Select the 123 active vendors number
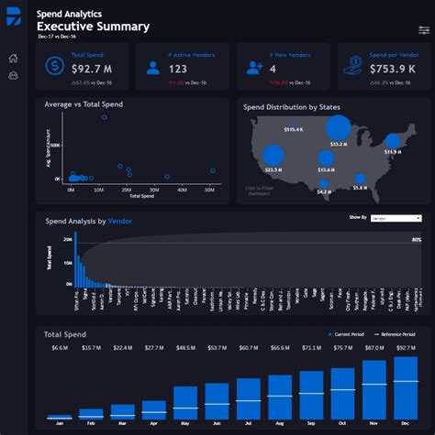point(178,69)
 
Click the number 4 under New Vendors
point(273,69)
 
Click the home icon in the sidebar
point(13,59)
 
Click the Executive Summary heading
point(93,27)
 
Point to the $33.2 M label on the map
point(338,144)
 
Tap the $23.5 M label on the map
point(273,169)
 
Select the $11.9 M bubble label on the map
point(393,153)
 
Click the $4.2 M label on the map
point(323,192)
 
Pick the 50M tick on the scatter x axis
point(210,190)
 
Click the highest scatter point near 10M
point(104,117)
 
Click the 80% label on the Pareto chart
point(417,240)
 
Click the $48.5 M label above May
point(185,348)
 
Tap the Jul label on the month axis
point(248,424)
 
